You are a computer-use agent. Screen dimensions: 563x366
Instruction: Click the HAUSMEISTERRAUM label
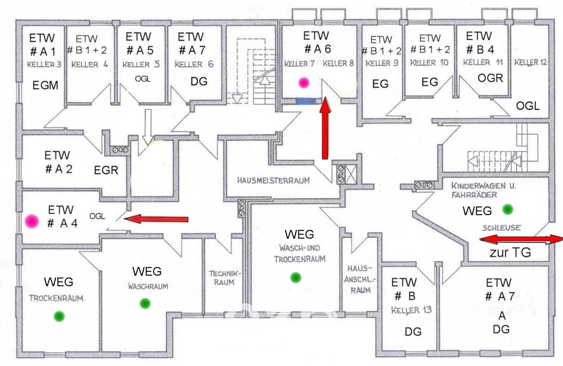274,180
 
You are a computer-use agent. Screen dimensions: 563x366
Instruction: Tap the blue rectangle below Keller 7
305,101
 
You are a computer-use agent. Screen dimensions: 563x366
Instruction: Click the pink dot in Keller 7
304,83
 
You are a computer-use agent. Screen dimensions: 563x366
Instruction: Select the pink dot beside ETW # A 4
32,221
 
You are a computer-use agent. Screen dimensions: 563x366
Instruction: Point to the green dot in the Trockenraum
59,316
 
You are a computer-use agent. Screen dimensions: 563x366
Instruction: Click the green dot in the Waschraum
145,304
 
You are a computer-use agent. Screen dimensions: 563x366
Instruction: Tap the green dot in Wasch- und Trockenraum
296,277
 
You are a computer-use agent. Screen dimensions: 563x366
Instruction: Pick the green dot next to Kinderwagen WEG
508,210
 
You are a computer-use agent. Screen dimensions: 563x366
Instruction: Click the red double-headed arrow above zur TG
521,239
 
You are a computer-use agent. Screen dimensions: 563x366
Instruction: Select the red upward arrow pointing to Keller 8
325,128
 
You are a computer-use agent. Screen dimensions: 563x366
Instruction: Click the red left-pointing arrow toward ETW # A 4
156,219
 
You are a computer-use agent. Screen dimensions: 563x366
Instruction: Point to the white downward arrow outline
148,127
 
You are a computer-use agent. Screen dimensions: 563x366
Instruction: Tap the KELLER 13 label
411,310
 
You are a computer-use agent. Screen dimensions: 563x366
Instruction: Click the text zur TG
510,252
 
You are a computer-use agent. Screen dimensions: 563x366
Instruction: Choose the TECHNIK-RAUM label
225,278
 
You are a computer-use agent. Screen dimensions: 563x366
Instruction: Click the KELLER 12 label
530,62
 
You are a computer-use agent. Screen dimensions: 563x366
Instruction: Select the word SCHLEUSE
502,228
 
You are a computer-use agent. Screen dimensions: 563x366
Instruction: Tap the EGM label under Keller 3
45,86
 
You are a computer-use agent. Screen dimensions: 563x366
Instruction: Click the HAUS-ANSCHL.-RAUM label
359,280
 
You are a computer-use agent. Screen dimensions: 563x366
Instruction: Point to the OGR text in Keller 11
490,78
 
